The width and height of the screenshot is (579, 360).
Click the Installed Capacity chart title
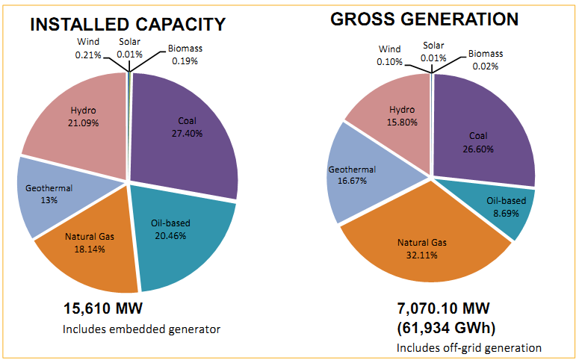click(127, 24)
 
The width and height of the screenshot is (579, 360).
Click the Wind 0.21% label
click(88, 49)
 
